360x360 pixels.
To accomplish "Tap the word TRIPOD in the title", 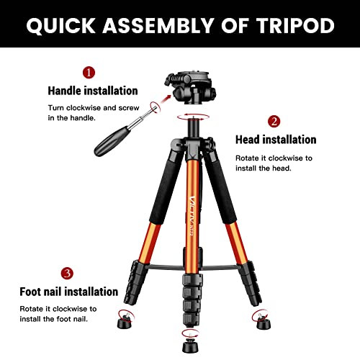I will point(294,26).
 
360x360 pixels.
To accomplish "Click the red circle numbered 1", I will point(89,72).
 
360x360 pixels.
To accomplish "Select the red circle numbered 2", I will point(274,121).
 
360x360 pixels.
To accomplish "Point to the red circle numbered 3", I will point(67,273).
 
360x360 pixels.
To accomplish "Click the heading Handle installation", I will point(92,91).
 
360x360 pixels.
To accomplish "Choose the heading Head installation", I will point(276,140).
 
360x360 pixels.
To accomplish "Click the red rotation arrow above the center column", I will point(191,115).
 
